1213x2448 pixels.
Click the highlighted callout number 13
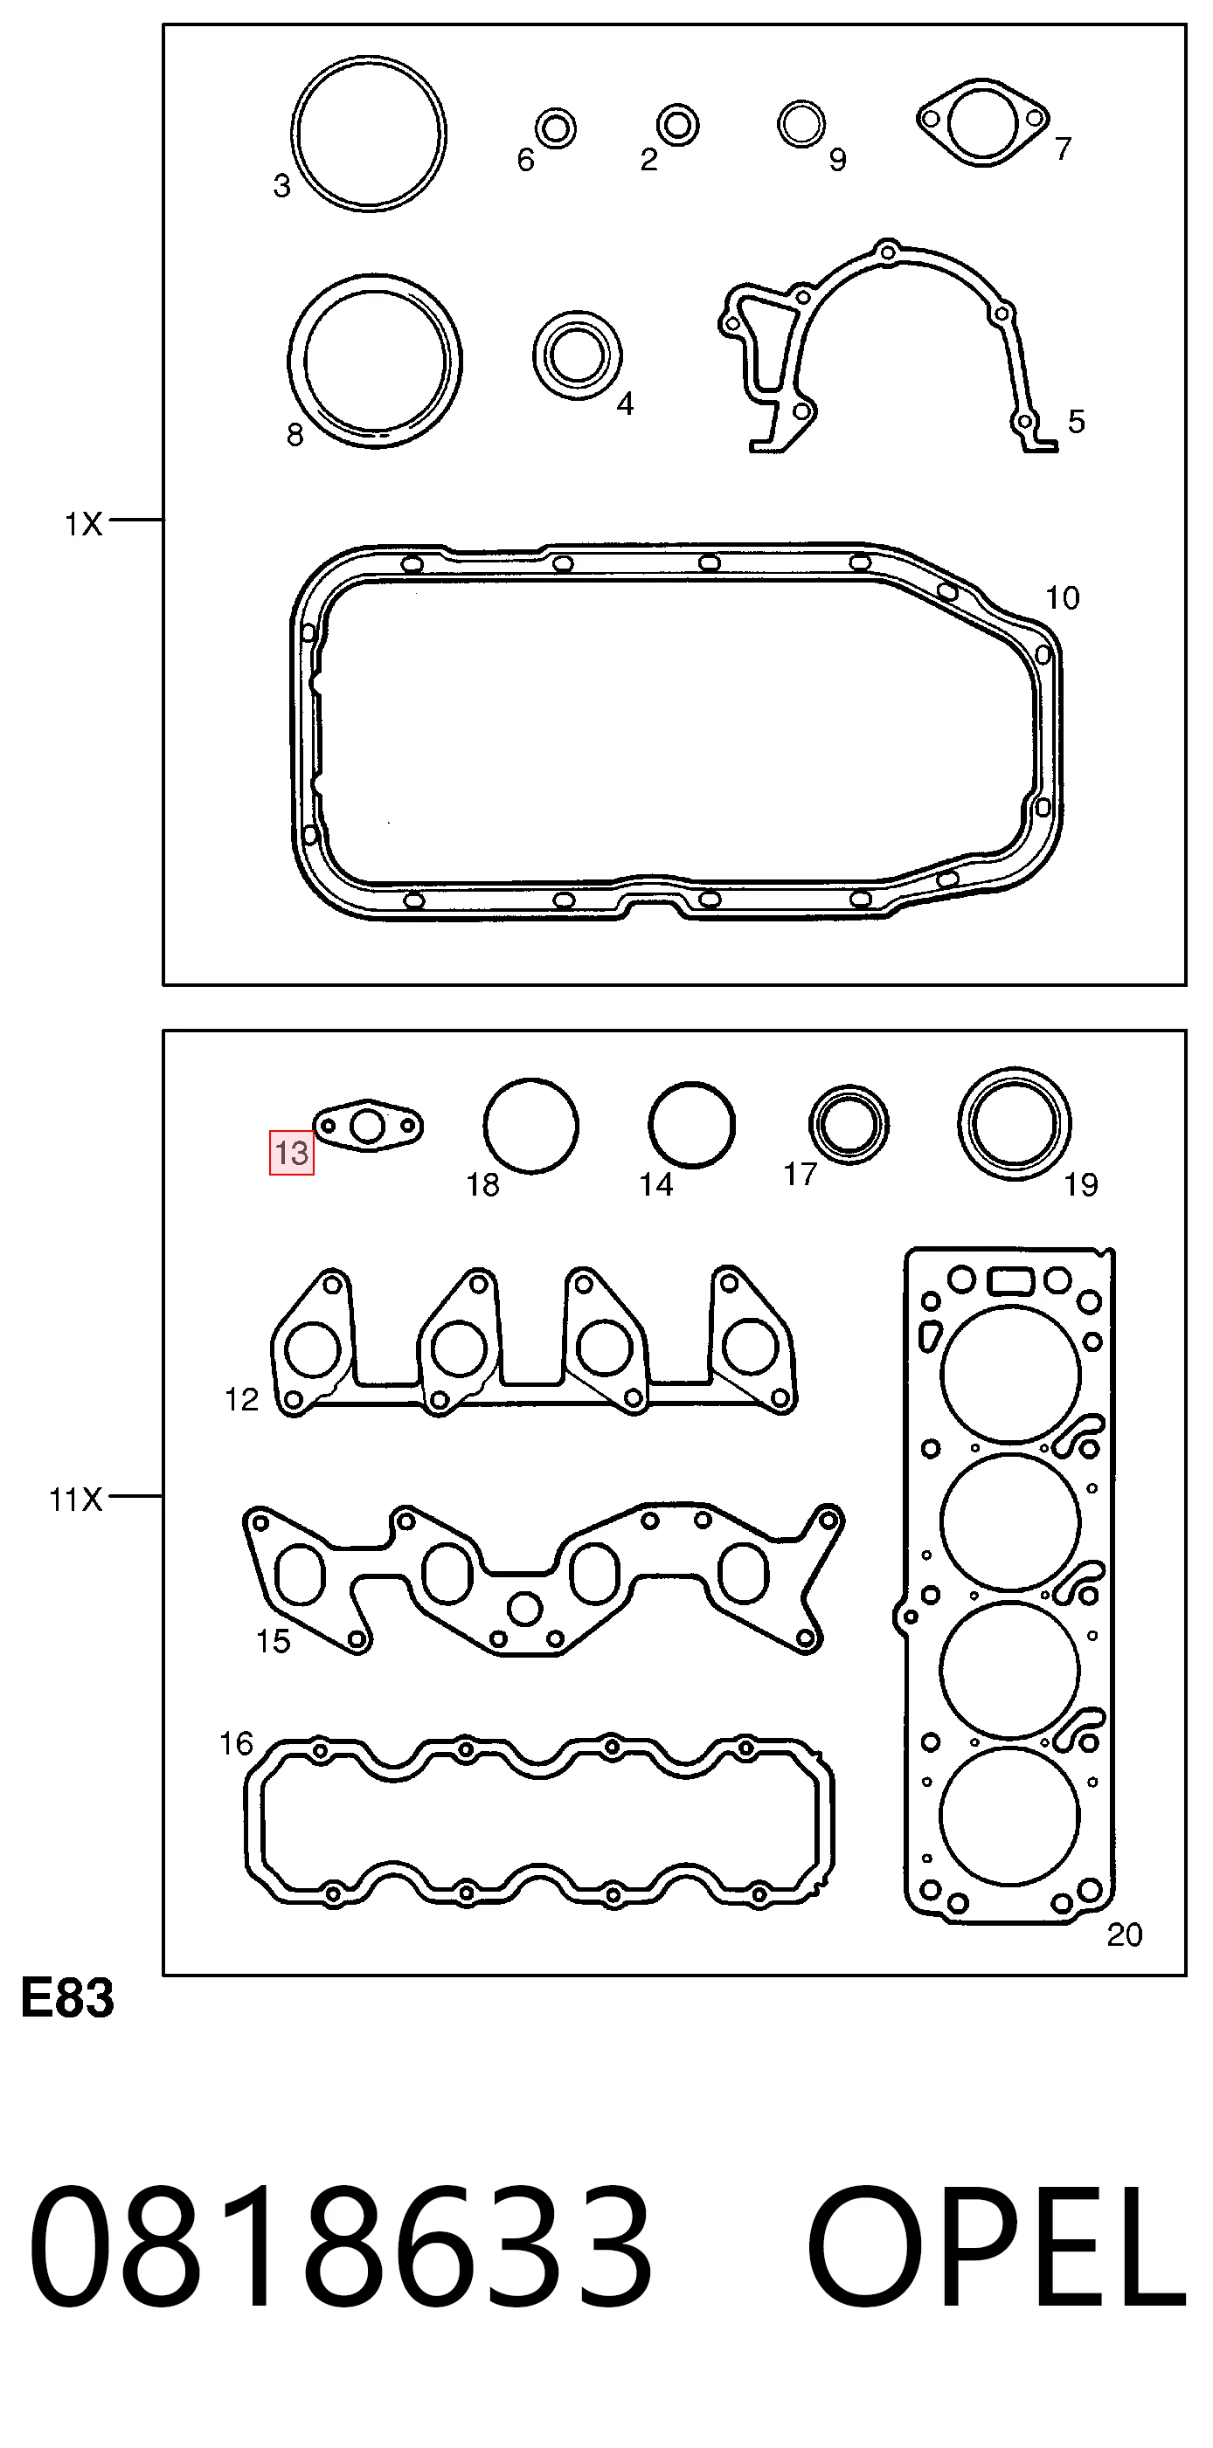click(x=292, y=1153)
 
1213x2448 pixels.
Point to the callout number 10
click(x=1062, y=597)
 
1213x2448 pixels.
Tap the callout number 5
click(x=1076, y=421)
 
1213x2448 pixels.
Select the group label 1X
click(x=84, y=524)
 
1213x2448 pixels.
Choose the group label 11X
click(x=76, y=1500)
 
